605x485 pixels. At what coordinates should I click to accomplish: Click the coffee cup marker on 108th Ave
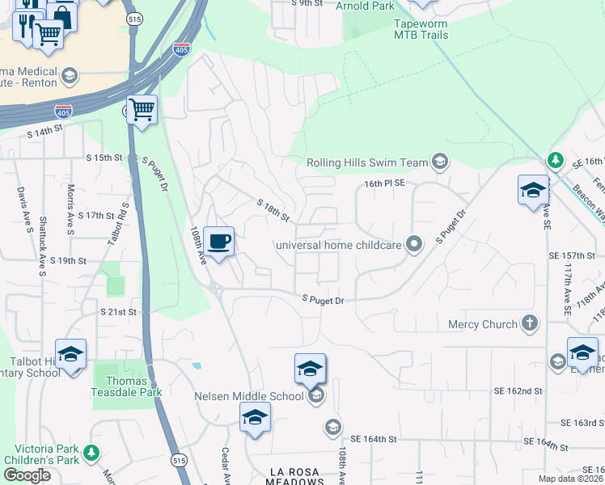pos(219,241)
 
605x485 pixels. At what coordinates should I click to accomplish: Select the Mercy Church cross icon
pos(530,324)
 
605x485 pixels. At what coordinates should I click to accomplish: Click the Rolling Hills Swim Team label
pos(366,162)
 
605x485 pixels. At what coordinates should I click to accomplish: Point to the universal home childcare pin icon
pos(414,243)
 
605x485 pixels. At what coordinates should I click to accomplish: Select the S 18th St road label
pos(273,211)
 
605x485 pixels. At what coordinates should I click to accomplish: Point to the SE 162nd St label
pos(518,390)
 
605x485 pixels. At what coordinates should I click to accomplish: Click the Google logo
pos(27,474)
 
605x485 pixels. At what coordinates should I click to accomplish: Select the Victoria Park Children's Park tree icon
pos(93,451)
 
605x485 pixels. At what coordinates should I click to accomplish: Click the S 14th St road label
pos(45,132)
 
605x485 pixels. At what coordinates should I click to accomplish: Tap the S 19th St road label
pos(68,260)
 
